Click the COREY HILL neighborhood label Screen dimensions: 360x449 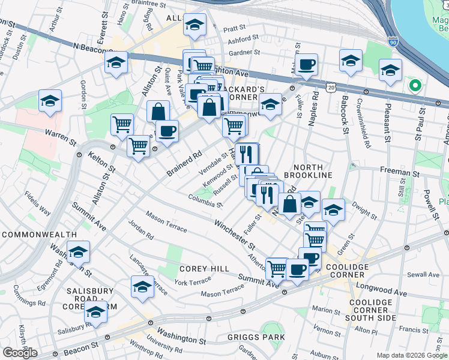pyautogui.click(x=203, y=269)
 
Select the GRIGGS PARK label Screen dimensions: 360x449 pyautogui.click(x=256, y=337)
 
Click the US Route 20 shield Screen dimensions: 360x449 pyautogui.click(x=331, y=88)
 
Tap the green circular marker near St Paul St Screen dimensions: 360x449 pyautogui.click(x=414, y=85)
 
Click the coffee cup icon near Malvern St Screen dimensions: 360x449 pyautogui.click(x=306, y=64)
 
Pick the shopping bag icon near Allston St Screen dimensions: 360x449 pyautogui.click(x=158, y=111)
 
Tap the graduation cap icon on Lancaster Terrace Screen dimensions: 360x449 pyautogui.click(x=142, y=287)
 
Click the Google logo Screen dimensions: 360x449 pyautogui.click(x=20, y=353)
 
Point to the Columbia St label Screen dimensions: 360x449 pyautogui.click(x=205, y=200)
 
